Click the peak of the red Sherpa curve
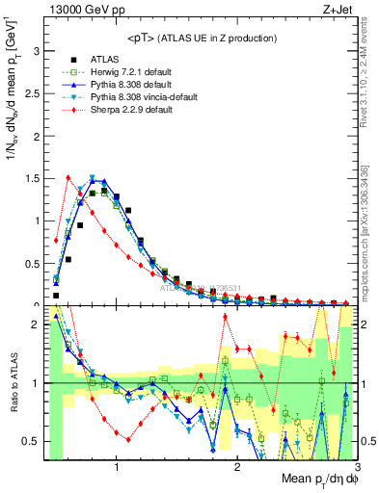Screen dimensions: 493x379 (68, 177)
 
